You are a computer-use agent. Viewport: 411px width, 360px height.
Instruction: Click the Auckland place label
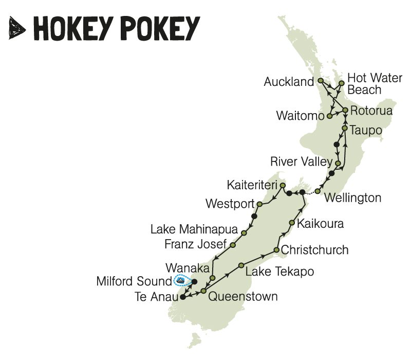point(288,82)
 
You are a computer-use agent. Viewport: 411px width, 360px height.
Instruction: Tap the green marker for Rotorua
point(346,110)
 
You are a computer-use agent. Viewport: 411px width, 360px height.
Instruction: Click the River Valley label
point(301,162)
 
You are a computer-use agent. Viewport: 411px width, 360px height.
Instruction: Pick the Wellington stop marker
point(317,191)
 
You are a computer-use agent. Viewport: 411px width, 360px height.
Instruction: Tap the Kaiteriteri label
point(251,184)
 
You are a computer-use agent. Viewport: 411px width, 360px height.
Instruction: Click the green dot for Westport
point(259,204)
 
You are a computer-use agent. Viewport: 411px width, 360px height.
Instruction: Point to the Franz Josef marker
point(233,245)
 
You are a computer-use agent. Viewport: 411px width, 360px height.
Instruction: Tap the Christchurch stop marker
point(276,250)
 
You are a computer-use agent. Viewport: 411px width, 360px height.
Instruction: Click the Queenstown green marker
point(203,292)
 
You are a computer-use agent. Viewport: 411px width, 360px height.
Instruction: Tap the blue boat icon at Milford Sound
point(180,281)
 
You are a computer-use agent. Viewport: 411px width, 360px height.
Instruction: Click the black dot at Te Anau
point(182,296)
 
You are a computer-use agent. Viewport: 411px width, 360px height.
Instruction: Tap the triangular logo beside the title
point(17,28)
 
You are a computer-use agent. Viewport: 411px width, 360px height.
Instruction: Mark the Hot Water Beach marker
point(341,83)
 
